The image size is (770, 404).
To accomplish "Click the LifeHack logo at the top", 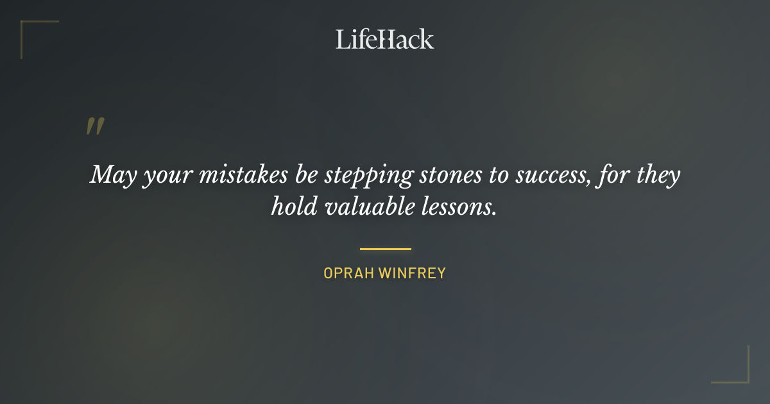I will coord(385,39).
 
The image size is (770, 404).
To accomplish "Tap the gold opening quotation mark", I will coord(95,126).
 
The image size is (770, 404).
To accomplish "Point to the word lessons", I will coord(463,207).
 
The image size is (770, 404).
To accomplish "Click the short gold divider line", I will coord(385,249).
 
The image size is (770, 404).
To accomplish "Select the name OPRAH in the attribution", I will coord(348,273).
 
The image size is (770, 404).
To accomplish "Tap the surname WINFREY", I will coord(412,273).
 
